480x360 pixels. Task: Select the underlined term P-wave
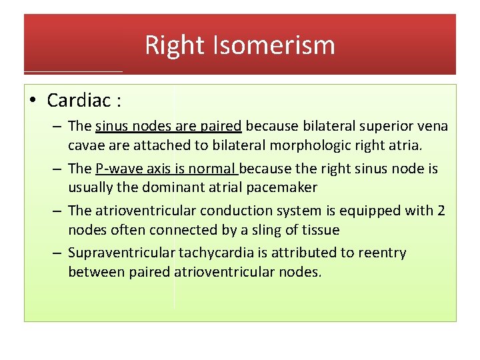(118, 169)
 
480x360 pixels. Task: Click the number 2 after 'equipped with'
(441, 211)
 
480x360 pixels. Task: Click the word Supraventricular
(121, 253)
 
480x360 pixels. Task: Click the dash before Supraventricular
(56, 253)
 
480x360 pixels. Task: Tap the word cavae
(85, 145)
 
